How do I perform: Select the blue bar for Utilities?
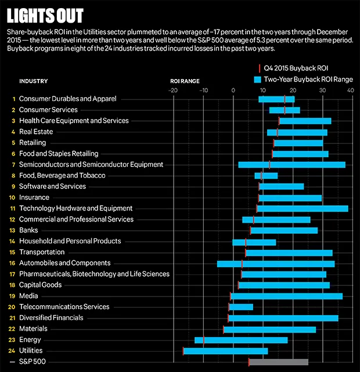coord(226,350)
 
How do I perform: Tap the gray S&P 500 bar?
coord(279,362)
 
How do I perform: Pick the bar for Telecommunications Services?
coord(240,307)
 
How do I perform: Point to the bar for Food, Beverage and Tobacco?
coord(266,176)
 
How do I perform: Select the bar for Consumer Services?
coord(285,110)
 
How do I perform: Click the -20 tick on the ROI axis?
coord(172,90)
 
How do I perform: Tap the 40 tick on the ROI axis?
coord(350,90)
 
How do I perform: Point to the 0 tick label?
coord(233,90)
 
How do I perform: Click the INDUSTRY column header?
coord(34,81)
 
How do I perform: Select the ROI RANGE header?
coord(185,81)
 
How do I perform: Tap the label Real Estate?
coord(36,132)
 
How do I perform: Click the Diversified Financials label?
coord(51,318)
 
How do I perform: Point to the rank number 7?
coord(13,164)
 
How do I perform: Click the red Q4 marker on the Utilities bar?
coord(183,350)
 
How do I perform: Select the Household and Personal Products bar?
coord(254,241)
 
